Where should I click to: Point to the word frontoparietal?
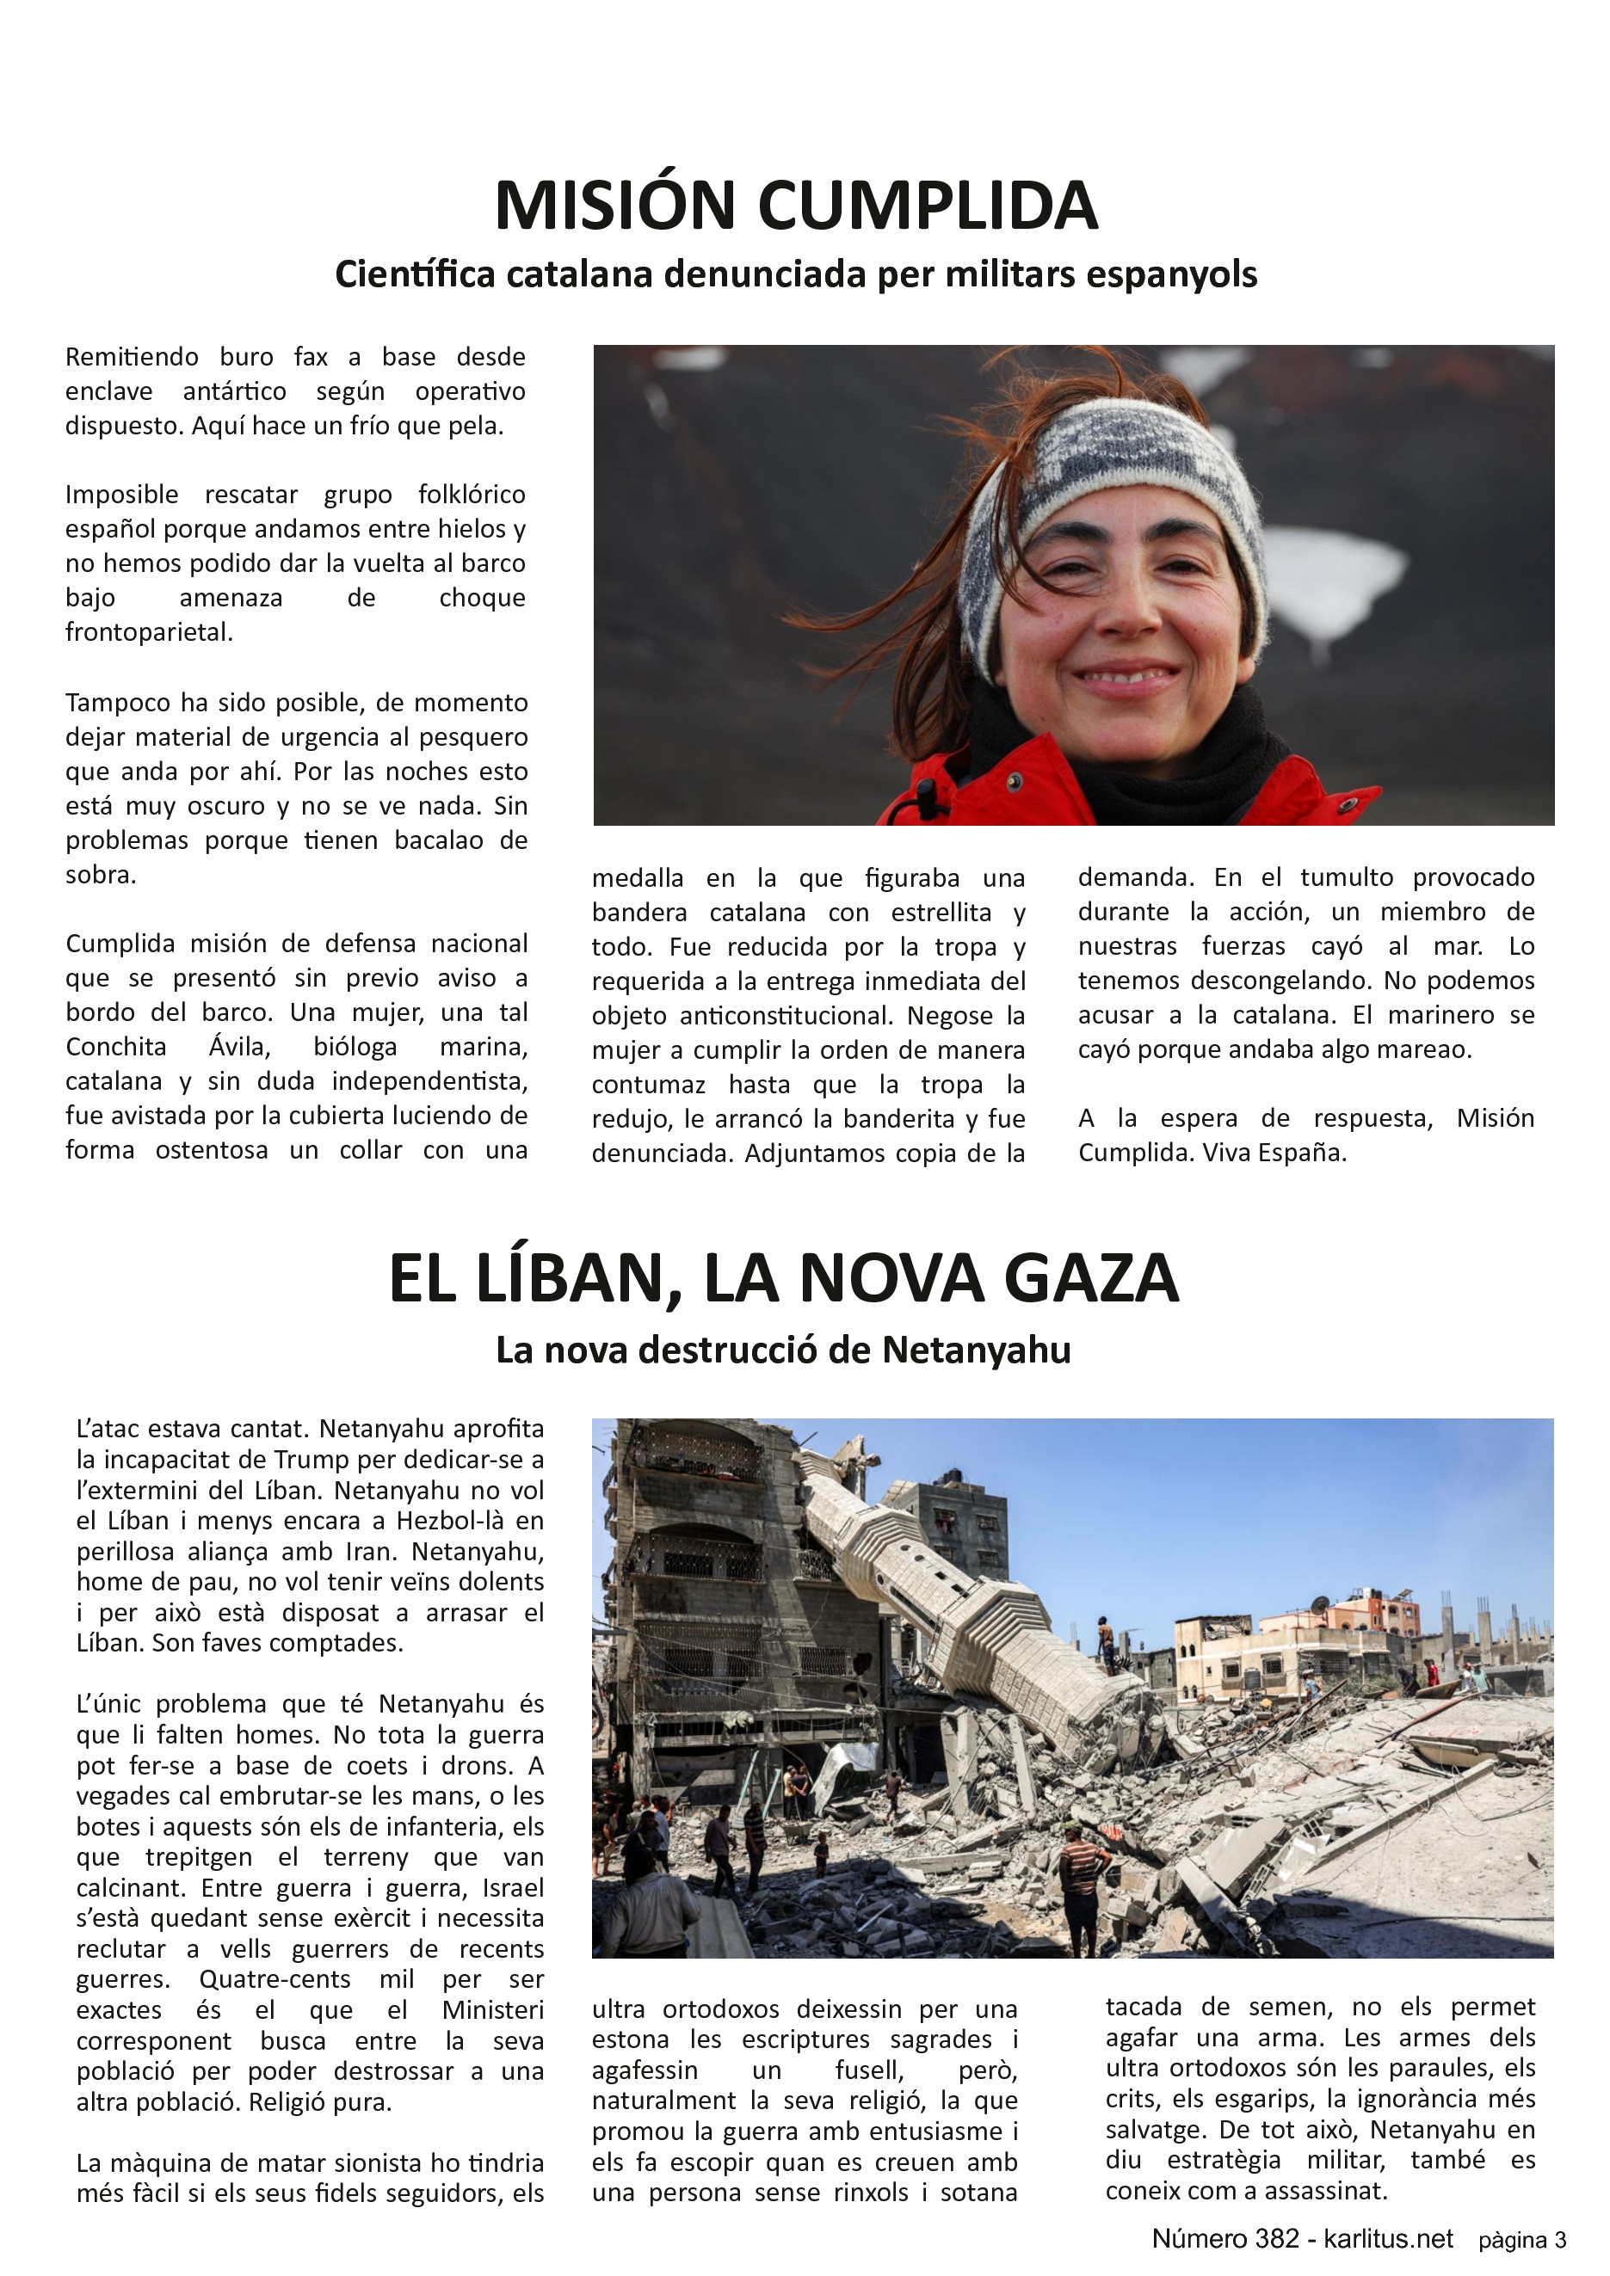coord(149,632)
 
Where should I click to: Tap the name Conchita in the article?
coord(116,1047)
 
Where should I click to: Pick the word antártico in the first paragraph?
coord(234,391)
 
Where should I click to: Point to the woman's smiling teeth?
coord(1127,679)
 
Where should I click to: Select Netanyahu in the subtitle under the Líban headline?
coord(976,1350)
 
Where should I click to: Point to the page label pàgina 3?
coord(1521,2241)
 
